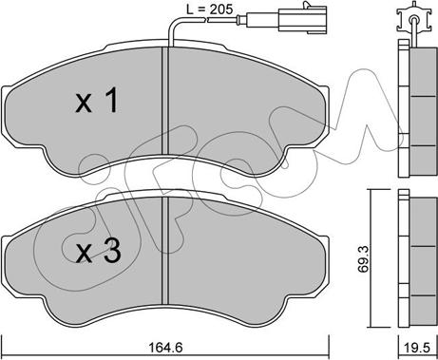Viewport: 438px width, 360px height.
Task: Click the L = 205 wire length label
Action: (x=209, y=9)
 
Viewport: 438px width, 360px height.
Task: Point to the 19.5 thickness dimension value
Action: (x=417, y=348)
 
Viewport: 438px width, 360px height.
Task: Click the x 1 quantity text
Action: (x=97, y=101)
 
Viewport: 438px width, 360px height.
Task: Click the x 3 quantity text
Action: (x=98, y=251)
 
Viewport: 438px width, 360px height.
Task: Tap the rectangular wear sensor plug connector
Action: (x=302, y=20)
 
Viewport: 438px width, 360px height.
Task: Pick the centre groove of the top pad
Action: (x=164, y=101)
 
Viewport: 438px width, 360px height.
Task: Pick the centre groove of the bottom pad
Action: (x=164, y=250)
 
